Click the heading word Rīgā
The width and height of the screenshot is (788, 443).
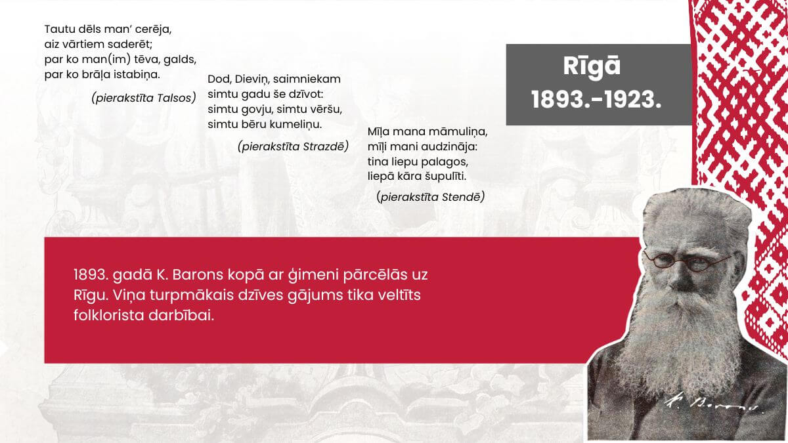click(592, 68)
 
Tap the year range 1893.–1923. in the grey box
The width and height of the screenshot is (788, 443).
click(596, 99)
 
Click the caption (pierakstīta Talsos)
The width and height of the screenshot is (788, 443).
click(144, 98)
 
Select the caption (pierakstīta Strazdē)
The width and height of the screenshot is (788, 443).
click(293, 146)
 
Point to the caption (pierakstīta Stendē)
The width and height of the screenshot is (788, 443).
click(431, 196)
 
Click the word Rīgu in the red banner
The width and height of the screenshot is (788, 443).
click(89, 295)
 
